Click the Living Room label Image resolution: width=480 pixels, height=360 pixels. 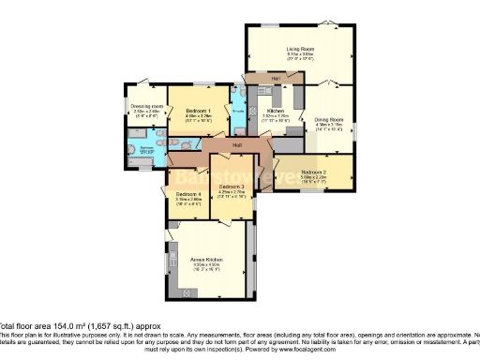point(299,49)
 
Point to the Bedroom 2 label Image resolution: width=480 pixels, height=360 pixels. point(314,172)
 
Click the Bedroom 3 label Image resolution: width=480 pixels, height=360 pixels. point(232,187)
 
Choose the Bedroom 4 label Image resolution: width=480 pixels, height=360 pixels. point(188,193)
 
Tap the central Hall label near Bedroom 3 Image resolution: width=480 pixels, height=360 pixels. point(238,145)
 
